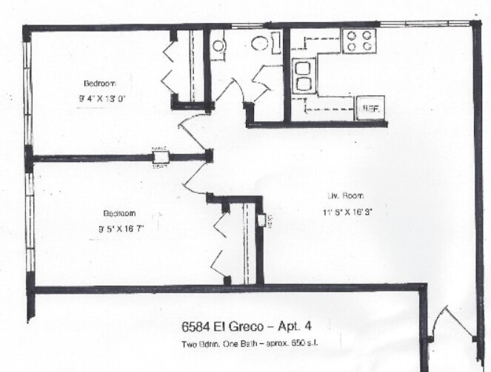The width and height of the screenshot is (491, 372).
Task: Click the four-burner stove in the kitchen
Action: [360, 41]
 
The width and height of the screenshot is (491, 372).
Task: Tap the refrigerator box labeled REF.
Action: [369, 107]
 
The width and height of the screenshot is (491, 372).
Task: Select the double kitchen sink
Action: [303, 75]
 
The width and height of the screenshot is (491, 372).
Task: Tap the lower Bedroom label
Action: [118, 210]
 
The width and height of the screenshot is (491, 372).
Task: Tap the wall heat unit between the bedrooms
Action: [160, 156]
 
